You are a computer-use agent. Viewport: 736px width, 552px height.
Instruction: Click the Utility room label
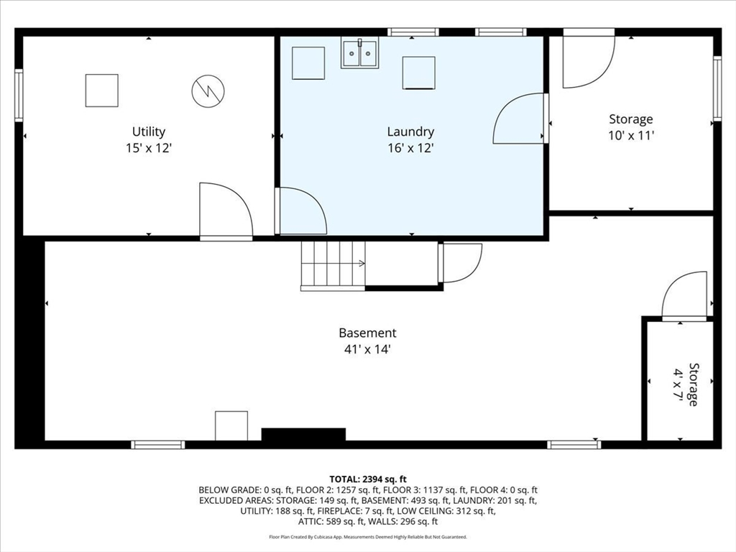148,132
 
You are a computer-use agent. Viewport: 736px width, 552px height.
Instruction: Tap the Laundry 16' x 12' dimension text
410,148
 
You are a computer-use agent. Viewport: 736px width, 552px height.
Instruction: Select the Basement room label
367,333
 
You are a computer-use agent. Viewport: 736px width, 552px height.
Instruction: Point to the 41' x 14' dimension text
367,350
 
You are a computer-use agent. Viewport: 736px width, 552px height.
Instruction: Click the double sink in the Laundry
359,53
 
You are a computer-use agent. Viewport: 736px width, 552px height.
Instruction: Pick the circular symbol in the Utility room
208,91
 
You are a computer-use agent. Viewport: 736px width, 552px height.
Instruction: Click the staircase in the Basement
333,266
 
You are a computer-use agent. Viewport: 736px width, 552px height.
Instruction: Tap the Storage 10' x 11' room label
631,127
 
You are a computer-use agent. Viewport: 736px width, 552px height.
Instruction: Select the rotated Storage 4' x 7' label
686,384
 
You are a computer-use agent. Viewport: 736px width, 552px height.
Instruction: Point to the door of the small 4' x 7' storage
684,295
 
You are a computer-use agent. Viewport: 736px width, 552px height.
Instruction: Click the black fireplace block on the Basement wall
303,435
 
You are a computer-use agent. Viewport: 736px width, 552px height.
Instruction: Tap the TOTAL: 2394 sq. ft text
368,479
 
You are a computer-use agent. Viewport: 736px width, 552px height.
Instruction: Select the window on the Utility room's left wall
19,96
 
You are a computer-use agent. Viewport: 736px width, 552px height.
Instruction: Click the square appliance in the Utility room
102,91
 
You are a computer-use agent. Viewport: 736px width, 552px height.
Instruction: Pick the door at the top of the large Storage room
589,58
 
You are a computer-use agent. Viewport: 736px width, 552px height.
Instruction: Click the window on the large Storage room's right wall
717,88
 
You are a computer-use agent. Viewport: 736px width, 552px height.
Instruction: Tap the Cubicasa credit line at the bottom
368,536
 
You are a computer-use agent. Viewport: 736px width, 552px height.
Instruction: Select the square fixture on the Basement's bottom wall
231,425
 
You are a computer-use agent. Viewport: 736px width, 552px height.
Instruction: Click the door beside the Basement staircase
461,263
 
